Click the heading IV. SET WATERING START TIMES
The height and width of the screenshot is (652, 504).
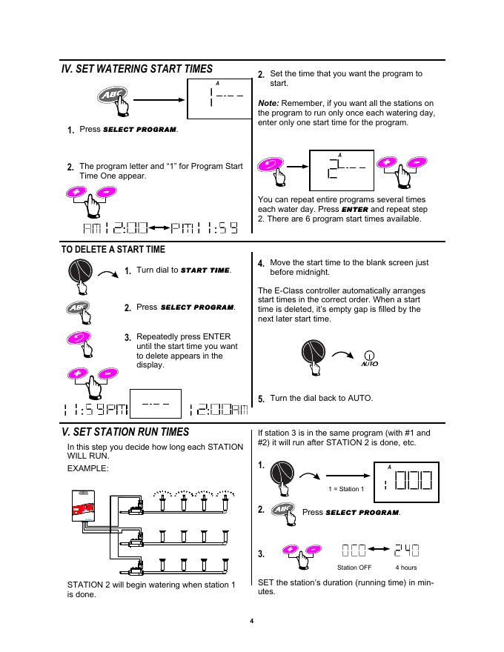pyautogui.click(x=136, y=69)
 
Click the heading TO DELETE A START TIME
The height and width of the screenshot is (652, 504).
pyautogui.click(x=113, y=250)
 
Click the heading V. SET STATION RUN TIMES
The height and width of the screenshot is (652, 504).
pyautogui.click(x=125, y=432)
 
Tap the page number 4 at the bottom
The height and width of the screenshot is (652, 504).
pyautogui.click(x=252, y=620)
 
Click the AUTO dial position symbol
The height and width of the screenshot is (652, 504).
pyautogui.click(x=369, y=359)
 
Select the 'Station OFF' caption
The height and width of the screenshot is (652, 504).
pyautogui.click(x=354, y=568)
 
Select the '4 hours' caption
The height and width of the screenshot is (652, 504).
pyautogui.click(x=406, y=568)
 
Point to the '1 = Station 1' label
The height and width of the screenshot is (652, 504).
pyautogui.click(x=347, y=489)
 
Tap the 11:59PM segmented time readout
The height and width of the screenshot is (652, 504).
pyautogui.click(x=96, y=410)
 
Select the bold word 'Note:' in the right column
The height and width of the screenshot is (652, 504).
pyautogui.click(x=268, y=102)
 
